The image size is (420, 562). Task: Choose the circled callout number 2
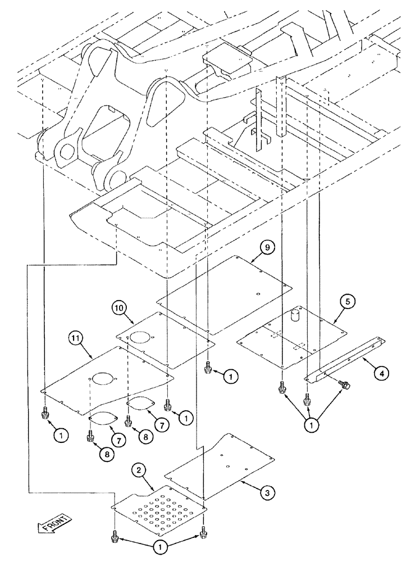pyautogui.click(x=139, y=470)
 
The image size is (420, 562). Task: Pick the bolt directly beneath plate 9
pyautogui.click(x=208, y=368)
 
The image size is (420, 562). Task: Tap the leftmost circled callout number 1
pyautogui.click(x=62, y=434)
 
